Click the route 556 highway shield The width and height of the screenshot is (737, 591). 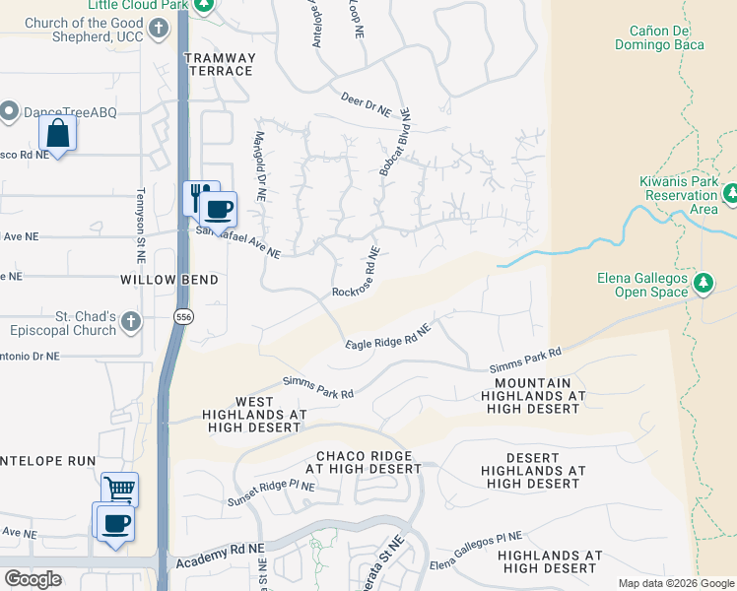[x=182, y=317]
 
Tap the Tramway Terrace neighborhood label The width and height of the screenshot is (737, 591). [x=219, y=64]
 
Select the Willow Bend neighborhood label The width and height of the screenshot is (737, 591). [x=168, y=280]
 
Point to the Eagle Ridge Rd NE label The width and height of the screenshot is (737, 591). [x=389, y=336]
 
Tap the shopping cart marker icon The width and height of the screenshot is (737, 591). [x=119, y=489]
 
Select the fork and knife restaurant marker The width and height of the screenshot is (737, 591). [x=200, y=195]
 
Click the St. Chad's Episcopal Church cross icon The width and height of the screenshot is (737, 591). [x=131, y=320]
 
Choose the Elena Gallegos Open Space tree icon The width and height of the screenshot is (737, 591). [x=703, y=284]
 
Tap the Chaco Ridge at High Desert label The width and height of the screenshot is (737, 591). [x=368, y=463]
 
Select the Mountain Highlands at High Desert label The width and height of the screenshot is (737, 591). [x=533, y=395]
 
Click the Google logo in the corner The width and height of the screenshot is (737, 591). [x=33, y=579]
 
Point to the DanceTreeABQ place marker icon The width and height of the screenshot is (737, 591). [x=11, y=111]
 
